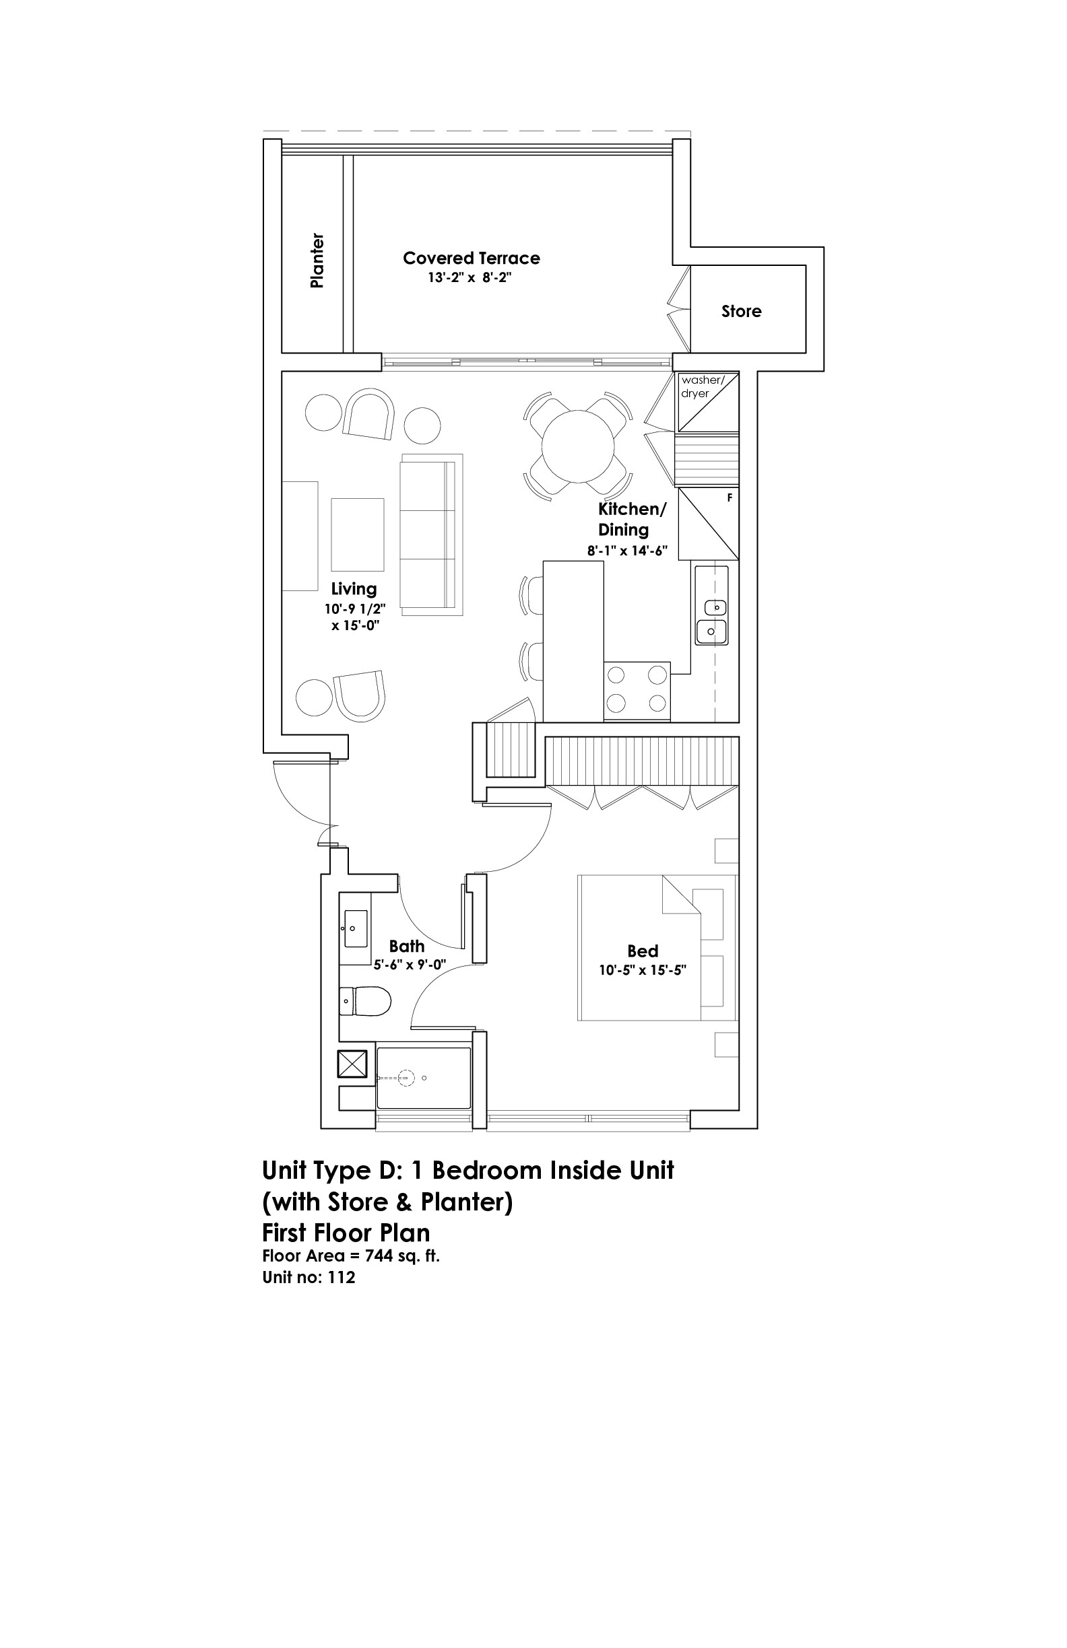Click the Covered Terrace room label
pos(471,259)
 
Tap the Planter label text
pos(317,261)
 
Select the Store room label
pos(742,311)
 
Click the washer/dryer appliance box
pos(707,403)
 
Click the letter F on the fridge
pos(730,497)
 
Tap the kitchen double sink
pos(712,620)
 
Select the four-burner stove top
pos(637,690)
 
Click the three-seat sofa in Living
pos(431,535)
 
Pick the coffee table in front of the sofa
pos(358,534)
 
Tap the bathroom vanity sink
pos(356,928)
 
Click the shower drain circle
pos(407,1078)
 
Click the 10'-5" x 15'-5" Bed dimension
pos(642,970)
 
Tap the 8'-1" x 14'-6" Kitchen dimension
pos(627,551)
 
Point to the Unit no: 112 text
pos(309,1278)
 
